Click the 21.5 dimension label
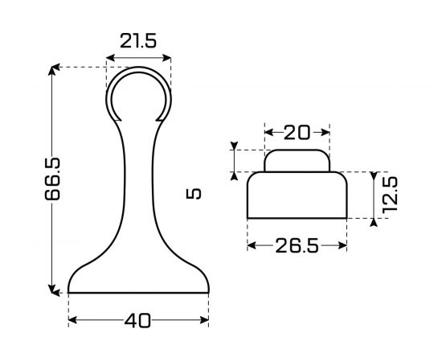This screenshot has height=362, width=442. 138,41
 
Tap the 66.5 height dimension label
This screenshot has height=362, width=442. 53,179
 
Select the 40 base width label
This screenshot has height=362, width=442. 137,321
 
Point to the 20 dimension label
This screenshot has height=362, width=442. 297,133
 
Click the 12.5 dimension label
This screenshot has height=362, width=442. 390,195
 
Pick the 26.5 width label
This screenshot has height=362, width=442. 297,245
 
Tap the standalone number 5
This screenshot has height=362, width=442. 194,194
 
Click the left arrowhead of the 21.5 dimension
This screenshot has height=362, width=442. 111,58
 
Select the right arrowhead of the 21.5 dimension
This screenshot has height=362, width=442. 167,58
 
